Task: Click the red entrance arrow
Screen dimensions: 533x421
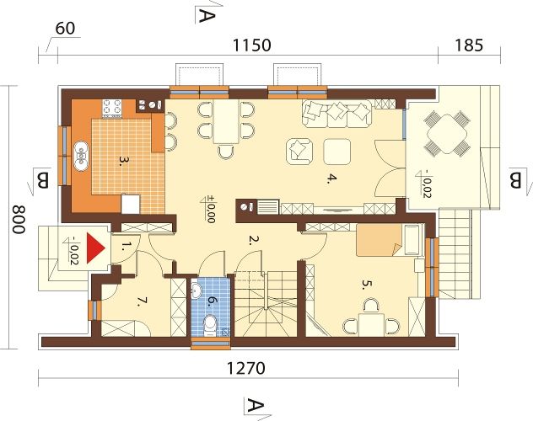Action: coord(94,248)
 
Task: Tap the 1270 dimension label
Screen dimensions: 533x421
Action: coord(245,368)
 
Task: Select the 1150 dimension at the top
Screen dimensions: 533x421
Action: coord(251,45)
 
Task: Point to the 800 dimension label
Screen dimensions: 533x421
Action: coord(19,220)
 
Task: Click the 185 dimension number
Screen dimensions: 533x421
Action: coord(469,45)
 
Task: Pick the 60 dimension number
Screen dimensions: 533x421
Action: coord(65,29)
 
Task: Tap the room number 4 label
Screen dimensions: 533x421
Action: coord(330,179)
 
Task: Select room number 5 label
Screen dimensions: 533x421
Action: coord(364,285)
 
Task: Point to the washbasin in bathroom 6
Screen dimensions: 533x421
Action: coord(197,291)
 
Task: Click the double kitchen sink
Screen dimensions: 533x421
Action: coord(82,156)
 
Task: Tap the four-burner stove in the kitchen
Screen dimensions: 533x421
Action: coord(112,108)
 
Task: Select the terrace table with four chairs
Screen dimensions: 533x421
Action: coord(447,134)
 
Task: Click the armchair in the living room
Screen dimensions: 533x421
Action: coord(299,152)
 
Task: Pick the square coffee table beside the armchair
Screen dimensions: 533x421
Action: coord(336,152)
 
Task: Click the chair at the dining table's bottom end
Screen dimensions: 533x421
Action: coord(226,152)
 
